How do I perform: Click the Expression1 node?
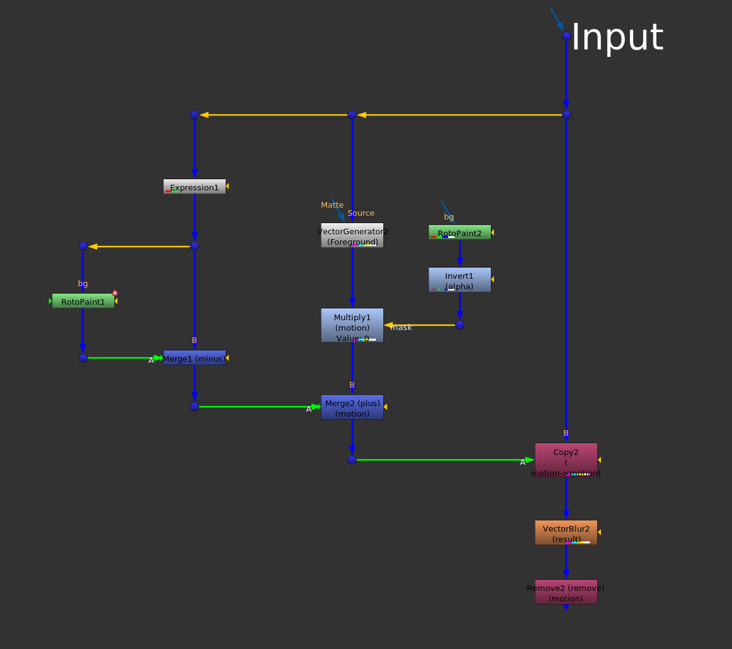pos(195,187)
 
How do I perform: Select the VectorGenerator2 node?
pos(352,235)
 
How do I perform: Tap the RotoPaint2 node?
pos(459,232)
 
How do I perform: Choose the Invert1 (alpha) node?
pos(459,279)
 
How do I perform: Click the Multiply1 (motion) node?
pos(352,325)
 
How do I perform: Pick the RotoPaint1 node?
pos(83,301)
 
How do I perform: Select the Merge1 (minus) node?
pos(195,358)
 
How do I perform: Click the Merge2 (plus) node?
pos(352,407)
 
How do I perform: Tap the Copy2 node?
pos(566,459)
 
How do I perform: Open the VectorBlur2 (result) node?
pos(566,532)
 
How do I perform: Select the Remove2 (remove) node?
pos(566,592)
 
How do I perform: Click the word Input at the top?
pos(617,37)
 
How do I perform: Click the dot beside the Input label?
pos(566,36)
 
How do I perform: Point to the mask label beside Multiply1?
pos(401,328)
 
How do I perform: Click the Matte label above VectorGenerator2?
pos(332,205)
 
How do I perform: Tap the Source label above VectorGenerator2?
pos(361,213)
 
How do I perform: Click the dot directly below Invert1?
pos(459,324)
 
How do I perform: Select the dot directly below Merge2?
pos(352,460)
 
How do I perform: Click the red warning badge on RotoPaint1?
pos(115,293)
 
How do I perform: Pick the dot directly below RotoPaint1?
pos(83,358)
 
